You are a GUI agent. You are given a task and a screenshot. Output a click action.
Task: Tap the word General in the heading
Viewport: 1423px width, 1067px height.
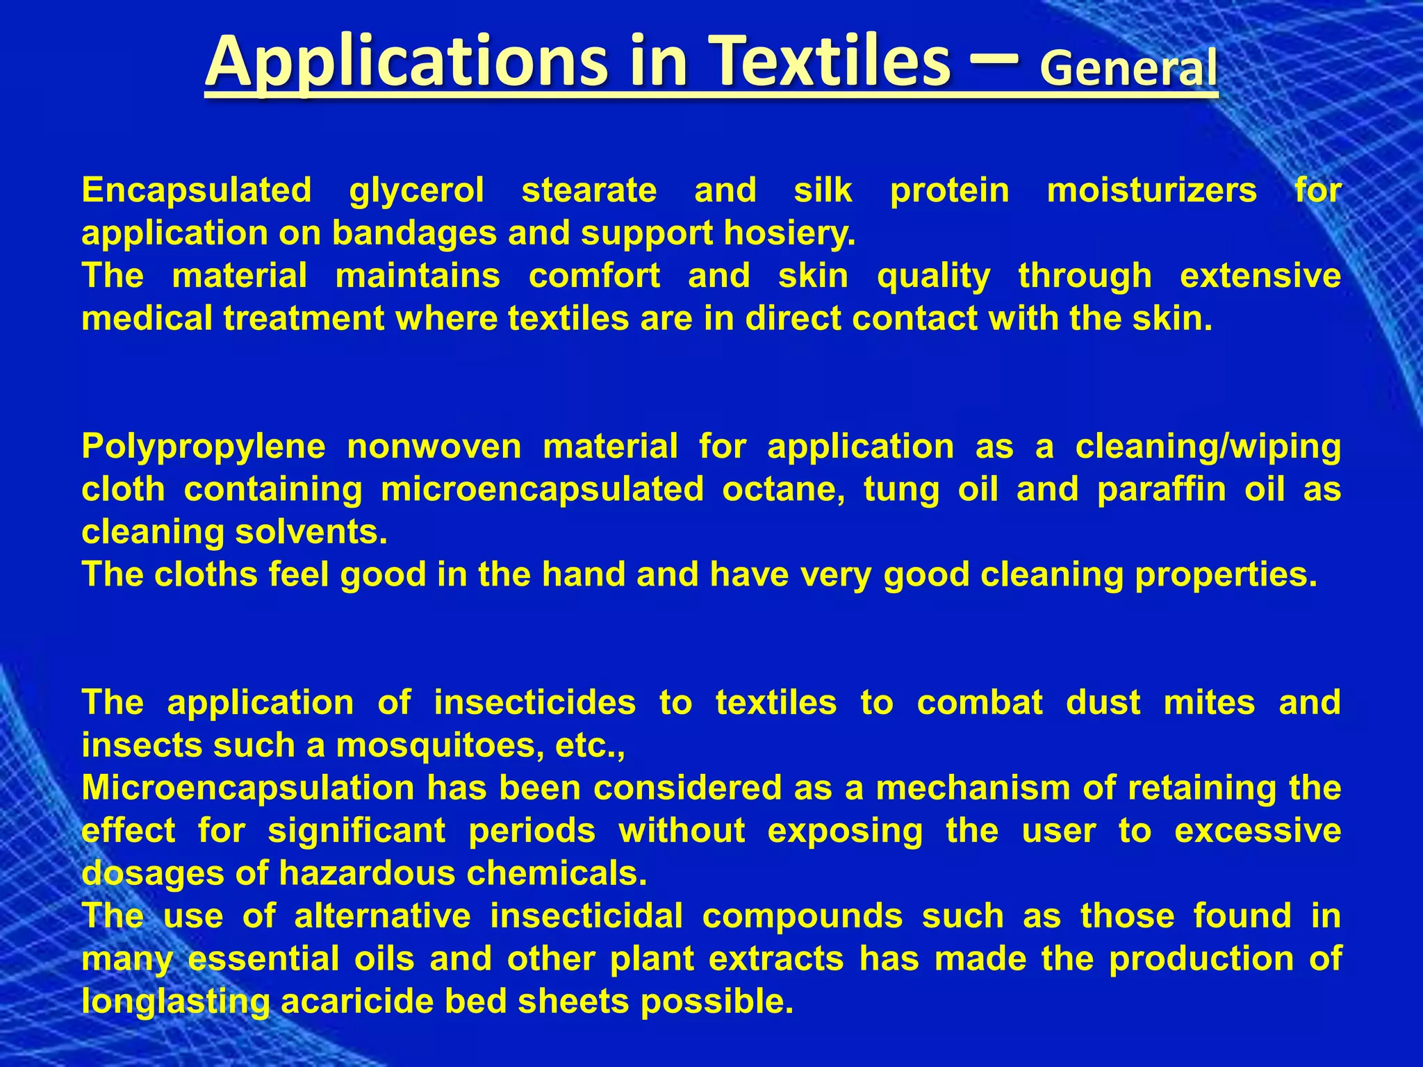(1128, 69)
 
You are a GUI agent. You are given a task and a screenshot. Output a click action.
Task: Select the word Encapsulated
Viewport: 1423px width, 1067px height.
(197, 190)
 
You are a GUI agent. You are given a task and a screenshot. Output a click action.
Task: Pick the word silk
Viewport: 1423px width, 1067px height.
(823, 190)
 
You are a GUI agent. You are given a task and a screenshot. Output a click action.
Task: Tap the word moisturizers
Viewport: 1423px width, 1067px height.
(1151, 190)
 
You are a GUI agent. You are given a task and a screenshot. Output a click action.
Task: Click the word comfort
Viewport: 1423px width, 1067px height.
(594, 276)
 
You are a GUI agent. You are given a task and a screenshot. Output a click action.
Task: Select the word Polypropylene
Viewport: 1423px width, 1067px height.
(204, 447)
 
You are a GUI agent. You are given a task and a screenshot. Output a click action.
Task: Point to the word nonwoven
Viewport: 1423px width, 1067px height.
(434, 447)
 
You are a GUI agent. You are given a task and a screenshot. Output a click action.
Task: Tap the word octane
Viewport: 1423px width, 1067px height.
(783, 490)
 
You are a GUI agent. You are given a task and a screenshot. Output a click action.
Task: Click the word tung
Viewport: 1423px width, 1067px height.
(901, 490)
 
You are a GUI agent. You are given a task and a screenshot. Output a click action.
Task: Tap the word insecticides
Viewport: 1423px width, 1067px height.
(534, 703)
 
